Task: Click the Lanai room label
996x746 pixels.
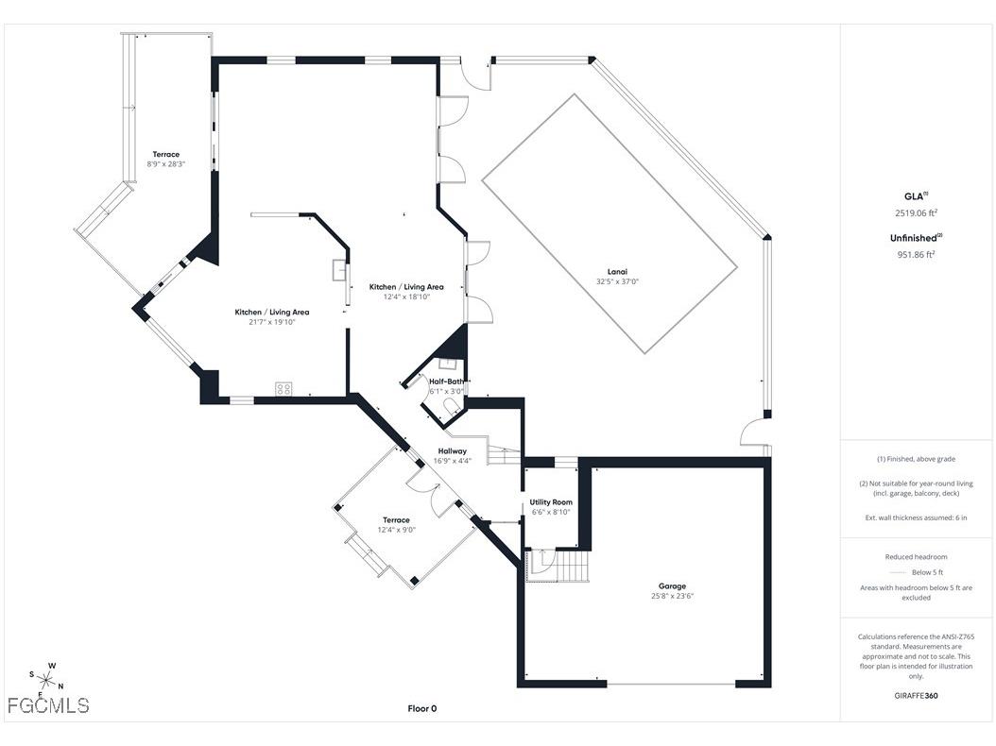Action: tap(617, 272)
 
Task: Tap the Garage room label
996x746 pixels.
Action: tap(672, 586)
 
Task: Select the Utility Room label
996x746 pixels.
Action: tap(551, 502)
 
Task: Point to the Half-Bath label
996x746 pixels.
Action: tap(447, 381)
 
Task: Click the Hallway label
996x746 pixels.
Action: tap(453, 451)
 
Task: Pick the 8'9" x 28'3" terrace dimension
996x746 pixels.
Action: tap(165, 163)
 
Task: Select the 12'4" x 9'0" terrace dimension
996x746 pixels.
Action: tap(396, 530)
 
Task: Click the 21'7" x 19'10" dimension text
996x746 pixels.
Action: tap(272, 322)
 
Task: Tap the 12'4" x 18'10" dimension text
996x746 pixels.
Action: tap(406, 297)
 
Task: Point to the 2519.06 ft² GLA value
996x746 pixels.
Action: tap(916, 213)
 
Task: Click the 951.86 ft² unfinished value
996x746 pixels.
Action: tap(916, 255)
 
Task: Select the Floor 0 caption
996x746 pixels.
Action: tap(422, 708)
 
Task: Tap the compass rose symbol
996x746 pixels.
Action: tap(45, 681)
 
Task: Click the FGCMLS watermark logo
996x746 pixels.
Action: tap(48, 705)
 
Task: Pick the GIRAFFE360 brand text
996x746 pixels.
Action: tap(916, 695)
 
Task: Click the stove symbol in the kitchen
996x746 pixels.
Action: tap(283, 388)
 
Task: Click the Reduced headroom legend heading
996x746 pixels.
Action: tap(916, 557)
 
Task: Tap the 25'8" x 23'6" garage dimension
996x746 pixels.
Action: tap(672, 596)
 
